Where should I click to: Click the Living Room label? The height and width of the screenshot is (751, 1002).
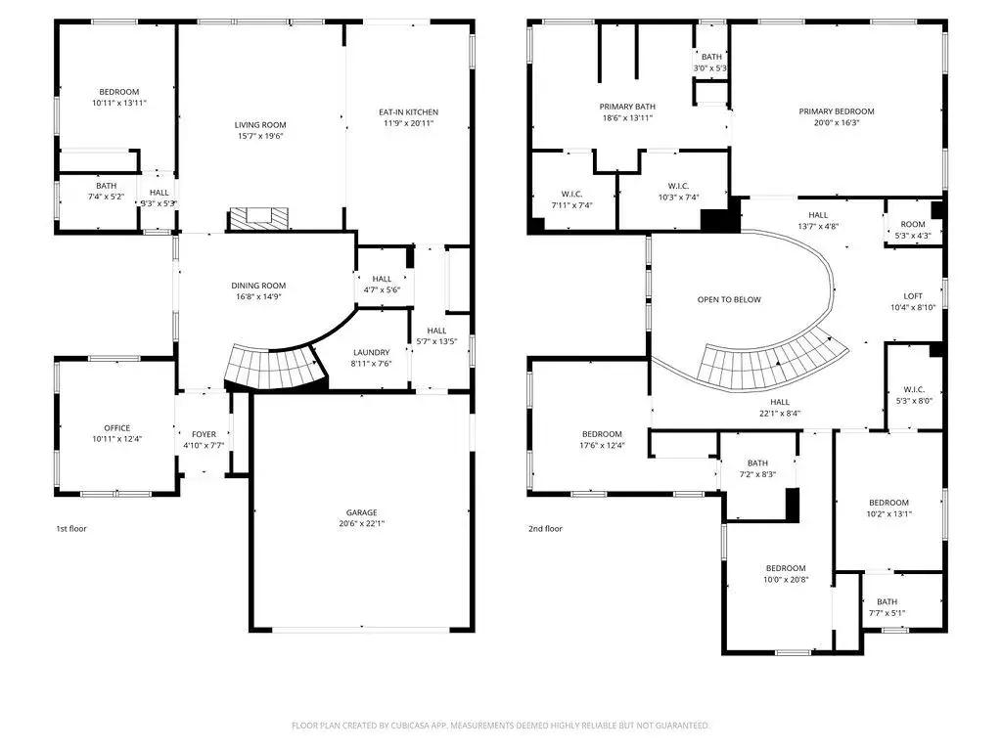[x=260, y=125]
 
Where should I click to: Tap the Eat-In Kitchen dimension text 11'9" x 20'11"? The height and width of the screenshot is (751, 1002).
[x=408, y=123]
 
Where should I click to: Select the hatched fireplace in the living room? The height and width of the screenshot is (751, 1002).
[x=258, y=218]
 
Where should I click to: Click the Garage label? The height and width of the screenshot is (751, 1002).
[x=362, y=512]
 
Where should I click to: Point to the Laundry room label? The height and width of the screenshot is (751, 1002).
[x=371, y=352]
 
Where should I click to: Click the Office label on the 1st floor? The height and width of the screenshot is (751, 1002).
[x=117, y=428]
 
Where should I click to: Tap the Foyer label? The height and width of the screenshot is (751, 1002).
[x=204, y=434]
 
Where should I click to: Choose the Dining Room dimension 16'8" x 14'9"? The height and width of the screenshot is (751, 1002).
[x=258, y=296]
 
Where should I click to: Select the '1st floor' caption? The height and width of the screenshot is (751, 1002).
[x=70, y=529]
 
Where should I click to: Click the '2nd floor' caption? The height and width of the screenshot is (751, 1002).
[x=545, y=529]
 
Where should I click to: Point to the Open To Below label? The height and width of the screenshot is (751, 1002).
[x=729, y=299]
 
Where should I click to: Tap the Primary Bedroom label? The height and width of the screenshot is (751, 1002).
[x=837, y=111]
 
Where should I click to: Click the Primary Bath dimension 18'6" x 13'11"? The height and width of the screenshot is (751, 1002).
[x=627, y=117]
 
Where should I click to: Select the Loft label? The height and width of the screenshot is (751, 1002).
[x=913, y=296]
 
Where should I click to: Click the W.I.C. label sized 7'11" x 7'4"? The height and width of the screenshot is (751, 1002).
[x=571, y=195]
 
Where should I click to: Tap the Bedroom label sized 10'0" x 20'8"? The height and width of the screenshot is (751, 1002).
[x=786, y=568]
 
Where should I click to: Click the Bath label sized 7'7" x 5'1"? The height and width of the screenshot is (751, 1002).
[x=887, y=601]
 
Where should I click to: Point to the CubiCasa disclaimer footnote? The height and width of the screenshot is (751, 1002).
[x=500, y=726]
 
